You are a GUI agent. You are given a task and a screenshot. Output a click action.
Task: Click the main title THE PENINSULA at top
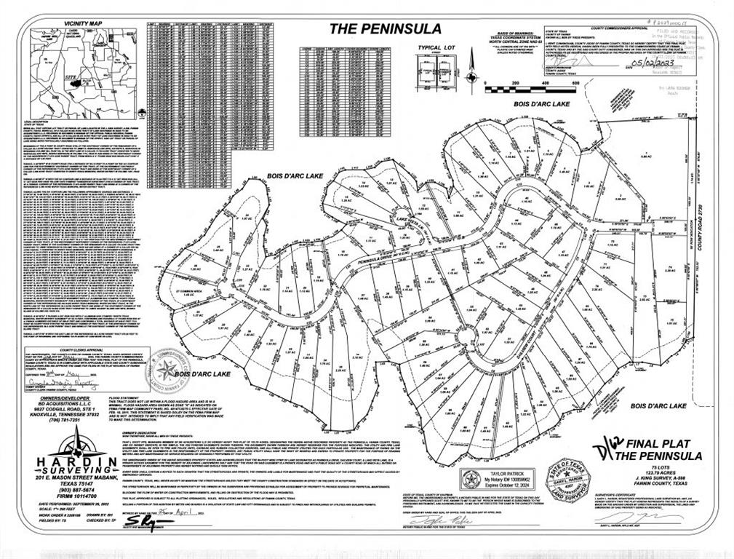[x=385, y=29]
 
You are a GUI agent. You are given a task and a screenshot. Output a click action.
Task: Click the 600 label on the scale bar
[x=575, y=83]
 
